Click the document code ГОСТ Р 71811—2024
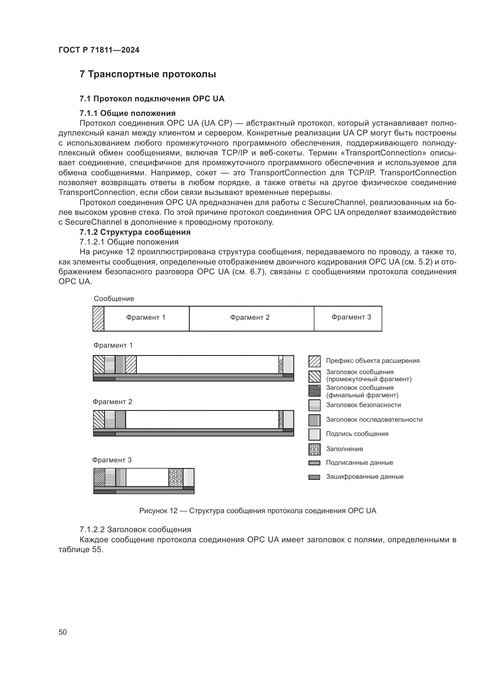click(x=99, y=50)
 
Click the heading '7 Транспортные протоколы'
click(x=148, y=74)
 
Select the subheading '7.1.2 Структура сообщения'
click(x=135, y=232)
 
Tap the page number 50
click(x=62, y=632)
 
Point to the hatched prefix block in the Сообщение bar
click(x=98, y=319)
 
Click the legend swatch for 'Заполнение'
click(x=314, y=449)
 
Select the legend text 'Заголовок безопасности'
click(x=363, y=405)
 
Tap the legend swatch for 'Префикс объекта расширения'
click(x=314, y=361)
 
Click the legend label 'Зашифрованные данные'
click(x=364, y=477)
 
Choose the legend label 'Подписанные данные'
click(x=359, y=463)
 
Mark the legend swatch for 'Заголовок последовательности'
click(x=314, y=420)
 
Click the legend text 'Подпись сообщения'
click(x=357, y=434)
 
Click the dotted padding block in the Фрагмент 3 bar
click(x=176, y=477)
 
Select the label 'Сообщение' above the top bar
click(x=114, y=299)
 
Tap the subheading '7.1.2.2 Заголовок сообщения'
click(x=135, y=530)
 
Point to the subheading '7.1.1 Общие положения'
click(x=127, y=113)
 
